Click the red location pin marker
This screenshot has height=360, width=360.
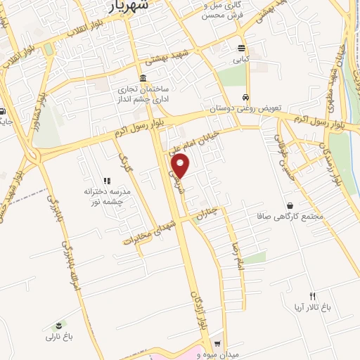coord(181,165)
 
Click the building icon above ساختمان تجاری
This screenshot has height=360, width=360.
coord(143,78)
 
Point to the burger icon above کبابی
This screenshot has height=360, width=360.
coord(242,49)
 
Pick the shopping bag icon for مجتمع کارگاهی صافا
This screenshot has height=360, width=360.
coord(290,205)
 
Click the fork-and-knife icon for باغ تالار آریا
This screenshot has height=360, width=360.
coord(313,295)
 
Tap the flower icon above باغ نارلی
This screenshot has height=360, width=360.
coord(59,325)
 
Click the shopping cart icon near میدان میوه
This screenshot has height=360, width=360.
coord(218,344)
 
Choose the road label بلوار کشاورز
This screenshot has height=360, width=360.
coord(33,116)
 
